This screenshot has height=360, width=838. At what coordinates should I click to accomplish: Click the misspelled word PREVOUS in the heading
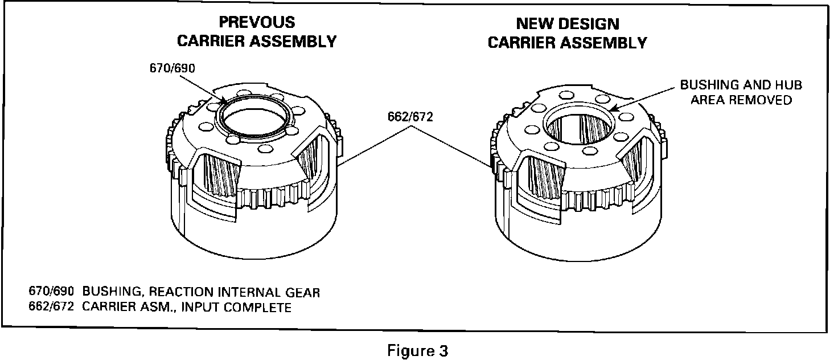click(x=257, y=22)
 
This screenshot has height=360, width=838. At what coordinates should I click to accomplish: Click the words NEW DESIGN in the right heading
click(x=568, y=23)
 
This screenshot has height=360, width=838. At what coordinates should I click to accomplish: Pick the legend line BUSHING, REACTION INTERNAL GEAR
click(x=201, y=293)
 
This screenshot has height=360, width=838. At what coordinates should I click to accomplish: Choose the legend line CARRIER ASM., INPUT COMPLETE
click(x=187, y=308)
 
